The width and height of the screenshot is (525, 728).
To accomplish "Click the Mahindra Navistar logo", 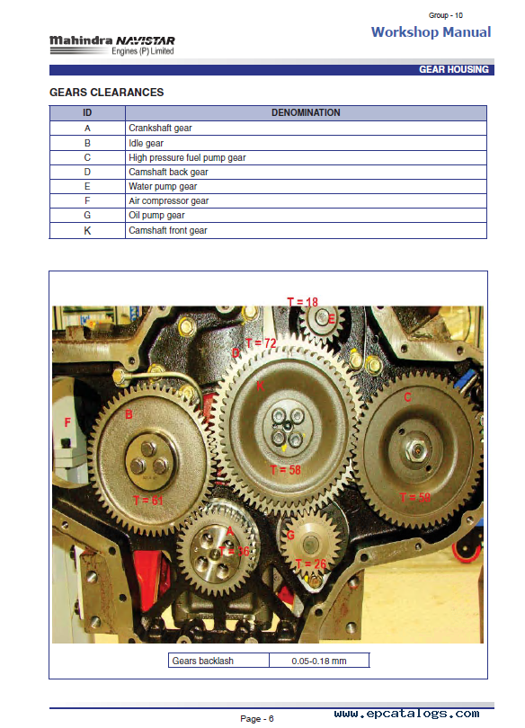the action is point(111,46).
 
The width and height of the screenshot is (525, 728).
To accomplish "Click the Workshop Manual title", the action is point(431,32).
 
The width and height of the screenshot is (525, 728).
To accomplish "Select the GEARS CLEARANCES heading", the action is point(107,93).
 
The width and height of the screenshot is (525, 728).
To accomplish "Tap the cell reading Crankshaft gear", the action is point(306,129).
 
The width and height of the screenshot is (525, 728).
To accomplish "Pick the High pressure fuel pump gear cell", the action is point(306,157).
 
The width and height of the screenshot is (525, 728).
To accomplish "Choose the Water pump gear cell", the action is point(306,186).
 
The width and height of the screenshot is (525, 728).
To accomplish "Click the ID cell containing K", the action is point(87,230).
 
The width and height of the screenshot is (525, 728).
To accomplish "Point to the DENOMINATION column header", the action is point(306,113).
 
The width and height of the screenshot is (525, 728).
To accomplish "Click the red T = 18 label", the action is point(303,302).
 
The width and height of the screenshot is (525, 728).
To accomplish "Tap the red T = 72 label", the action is point(261,343).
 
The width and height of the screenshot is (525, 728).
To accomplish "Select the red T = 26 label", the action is point(311,564).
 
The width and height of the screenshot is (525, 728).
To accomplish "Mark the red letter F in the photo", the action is point(67,422).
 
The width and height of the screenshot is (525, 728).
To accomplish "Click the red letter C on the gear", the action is point(407,397).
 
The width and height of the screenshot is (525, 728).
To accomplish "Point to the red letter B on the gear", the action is point(129,414).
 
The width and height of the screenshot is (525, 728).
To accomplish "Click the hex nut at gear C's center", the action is point(417,449).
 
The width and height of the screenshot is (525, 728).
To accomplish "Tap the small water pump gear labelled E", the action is point(321,319).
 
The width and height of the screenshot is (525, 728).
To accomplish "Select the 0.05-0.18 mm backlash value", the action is point(319,661).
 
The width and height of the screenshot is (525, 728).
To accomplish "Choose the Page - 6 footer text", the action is point(257,719).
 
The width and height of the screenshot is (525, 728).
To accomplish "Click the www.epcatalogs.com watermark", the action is point(406,714).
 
